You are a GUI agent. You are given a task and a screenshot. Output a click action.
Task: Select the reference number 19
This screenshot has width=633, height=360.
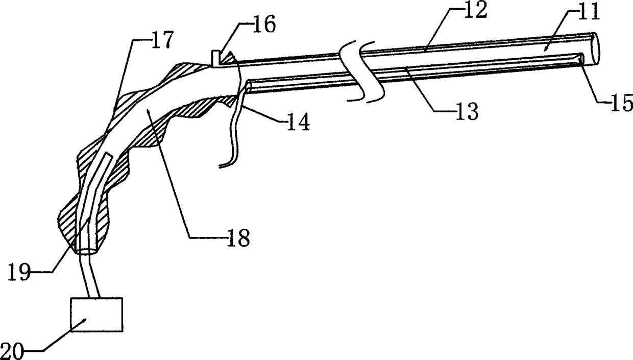pyautogui.click(x=20, y=271)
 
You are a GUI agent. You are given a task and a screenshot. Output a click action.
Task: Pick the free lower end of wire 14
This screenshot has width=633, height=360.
pyautogui.click(x=221, y=166)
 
